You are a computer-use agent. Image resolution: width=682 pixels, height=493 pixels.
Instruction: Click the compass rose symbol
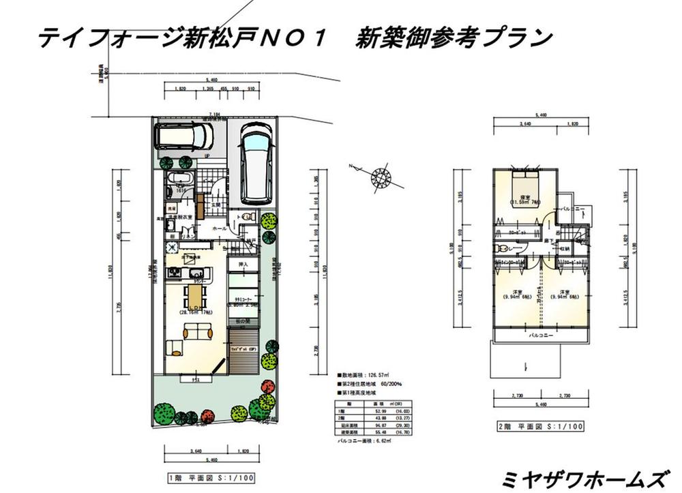tap(381, 178)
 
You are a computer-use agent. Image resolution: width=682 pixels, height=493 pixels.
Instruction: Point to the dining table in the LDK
tap(196, 296)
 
